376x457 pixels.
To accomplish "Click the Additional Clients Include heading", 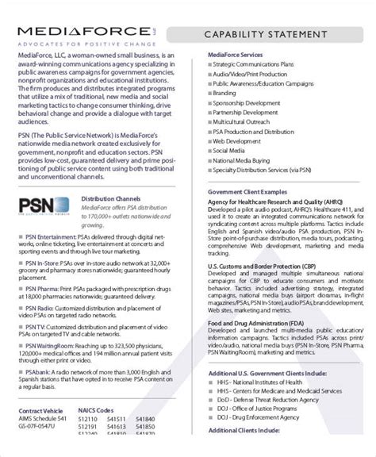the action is tap(243, 451).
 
